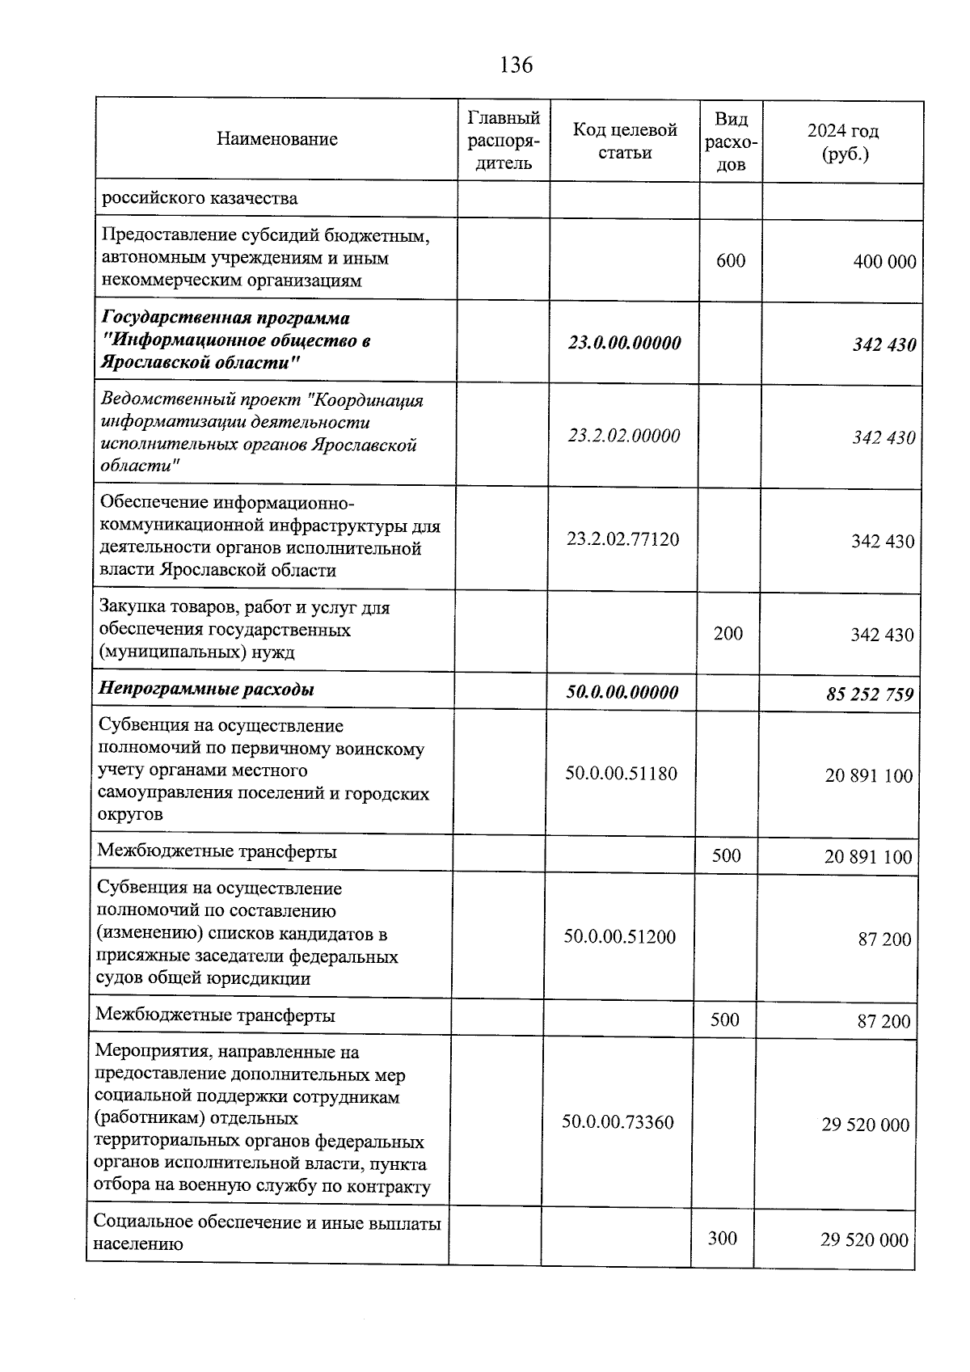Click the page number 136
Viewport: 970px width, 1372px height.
[517, 65]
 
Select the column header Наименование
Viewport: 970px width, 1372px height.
[276, 139]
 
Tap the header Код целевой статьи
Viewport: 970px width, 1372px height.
[625, 141]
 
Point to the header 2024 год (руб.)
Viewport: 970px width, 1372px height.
[842, 142]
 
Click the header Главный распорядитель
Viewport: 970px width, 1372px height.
[504, 140]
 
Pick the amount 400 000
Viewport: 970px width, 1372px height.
[885, 261]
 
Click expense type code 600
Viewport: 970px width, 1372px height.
[731, 260]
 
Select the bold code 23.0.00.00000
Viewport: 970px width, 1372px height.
[624, 343]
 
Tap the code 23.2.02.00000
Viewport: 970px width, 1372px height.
[623, 436]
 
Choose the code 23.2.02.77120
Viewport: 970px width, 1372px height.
[622, 539]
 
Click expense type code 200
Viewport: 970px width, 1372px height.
[728, 633]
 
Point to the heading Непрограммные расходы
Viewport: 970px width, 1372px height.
[206, 690]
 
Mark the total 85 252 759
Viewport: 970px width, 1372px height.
[870, 694]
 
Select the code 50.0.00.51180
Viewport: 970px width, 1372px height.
[621, 774]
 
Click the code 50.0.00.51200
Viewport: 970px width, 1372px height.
[620, 936]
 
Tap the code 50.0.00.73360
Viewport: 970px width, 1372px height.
[618, 1122]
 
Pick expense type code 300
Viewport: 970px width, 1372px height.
[723, 1238]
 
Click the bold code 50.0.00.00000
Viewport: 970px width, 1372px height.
[622, 692]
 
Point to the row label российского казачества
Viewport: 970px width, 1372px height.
[199, 198]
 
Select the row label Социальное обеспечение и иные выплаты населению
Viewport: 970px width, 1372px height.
[267, 1234]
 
